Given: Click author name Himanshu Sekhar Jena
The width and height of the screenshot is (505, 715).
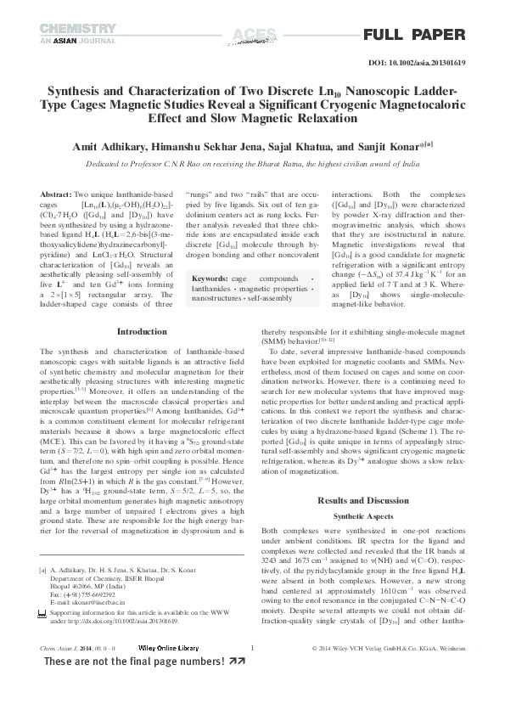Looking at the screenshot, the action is tap(223, 147).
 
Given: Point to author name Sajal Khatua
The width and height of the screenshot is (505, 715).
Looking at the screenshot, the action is tap(315, 147).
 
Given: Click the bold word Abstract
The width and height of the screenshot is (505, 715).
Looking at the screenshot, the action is tap(56, 194).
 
